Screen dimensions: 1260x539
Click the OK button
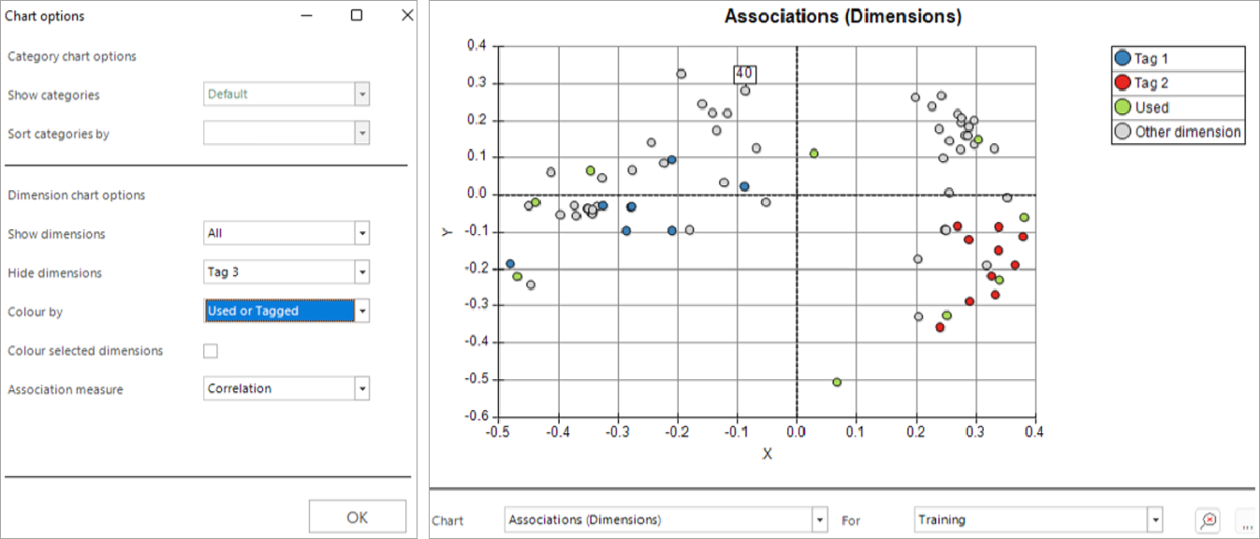[358, 517]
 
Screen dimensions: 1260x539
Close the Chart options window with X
[407, 15]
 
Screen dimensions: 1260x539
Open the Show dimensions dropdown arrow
[362, 233]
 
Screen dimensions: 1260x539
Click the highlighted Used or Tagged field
[280, 311]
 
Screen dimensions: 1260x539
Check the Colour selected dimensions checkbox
[211, 351]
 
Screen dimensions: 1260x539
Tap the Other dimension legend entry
[1178, 132]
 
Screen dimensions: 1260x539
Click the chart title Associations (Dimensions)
[842, 16]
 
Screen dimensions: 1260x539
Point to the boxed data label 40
[745, 74]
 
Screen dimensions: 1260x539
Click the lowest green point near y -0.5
[837, 382]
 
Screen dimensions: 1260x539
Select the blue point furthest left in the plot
[510, 264]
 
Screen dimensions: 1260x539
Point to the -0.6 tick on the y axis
[476, 415]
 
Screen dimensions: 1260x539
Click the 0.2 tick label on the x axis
[916, 431]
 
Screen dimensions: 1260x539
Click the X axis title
[768, 454]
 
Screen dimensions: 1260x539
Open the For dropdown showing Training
[1038, 520]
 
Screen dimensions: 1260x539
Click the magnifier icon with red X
[1209, 520]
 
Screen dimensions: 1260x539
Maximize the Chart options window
[357, 15]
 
